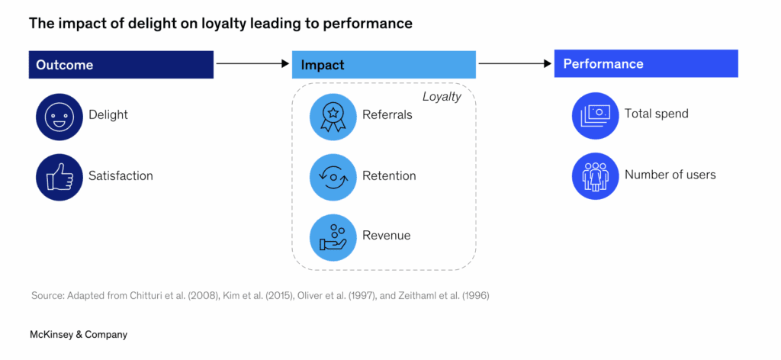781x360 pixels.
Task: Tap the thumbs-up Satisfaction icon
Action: click(59, 176)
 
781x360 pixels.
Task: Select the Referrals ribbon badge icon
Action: click(333, 116)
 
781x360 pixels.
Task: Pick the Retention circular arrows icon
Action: click(333, 176)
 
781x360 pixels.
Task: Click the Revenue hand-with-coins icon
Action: click(333, 236)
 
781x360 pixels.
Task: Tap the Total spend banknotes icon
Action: click(595, 114)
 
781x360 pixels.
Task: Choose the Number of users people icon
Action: click(595, 175)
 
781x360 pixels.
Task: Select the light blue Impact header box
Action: click(384, 65)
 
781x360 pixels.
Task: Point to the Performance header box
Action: click(646, 64)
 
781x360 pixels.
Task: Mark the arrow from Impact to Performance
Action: click(516, 64)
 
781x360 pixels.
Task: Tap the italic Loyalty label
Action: click(442, 97)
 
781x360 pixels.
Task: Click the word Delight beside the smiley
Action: click(108, 115)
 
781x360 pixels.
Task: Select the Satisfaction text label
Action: click(121, 176)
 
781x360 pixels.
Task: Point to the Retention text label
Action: click(389, 176)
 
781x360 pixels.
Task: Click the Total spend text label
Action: click(657, 114)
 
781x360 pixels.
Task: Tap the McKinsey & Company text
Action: click(79, 334)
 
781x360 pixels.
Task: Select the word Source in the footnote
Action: click(47, 295)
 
